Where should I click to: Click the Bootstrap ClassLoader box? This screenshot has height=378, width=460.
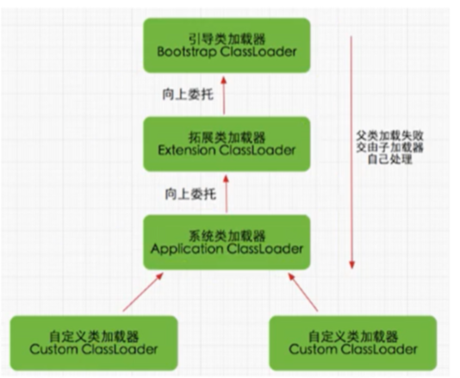coord(227,46)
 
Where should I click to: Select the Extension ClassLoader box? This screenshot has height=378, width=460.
coord(227,144)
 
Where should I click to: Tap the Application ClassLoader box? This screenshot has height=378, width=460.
coord(227,242)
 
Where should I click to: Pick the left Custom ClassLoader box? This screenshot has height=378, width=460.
coord(94,343)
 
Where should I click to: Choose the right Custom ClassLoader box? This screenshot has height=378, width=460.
coord(353,343)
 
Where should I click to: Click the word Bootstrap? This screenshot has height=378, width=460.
coord(187,53)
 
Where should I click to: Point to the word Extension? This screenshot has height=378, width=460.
coord(186,151)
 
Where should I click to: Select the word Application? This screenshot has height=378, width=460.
coord(187,250)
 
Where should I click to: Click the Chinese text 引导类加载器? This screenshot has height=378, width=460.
coord(227,39)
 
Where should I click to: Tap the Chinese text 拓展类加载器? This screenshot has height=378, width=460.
coord(227,137)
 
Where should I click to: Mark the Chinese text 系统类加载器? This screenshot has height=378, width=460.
coord(227,236)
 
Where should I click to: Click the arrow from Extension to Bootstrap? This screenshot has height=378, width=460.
coord(224,96)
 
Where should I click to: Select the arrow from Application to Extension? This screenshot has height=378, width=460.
coord(226,194)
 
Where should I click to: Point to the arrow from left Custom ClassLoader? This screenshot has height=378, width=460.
coord(143,292)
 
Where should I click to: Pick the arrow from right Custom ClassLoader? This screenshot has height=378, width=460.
coord(303,292)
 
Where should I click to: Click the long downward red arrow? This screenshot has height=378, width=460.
coord(351,152)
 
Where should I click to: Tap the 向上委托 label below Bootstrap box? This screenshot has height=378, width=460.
coord(188,95)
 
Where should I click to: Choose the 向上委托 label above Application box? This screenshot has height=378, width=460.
coord(190,194)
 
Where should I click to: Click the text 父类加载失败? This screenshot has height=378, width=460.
coord(390,136)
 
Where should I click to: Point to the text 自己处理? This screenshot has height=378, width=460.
coord(390,159)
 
